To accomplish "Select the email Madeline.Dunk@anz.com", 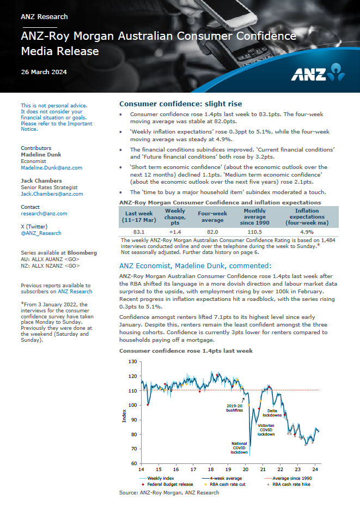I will pos(51,168).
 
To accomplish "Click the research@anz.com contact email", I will pos(44,214).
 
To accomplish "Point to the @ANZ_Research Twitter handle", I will pos(41,233).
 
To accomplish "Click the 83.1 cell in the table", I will pos(138,232).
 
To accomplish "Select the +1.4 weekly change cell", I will pos(175,232).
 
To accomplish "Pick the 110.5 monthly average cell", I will pos(255,232).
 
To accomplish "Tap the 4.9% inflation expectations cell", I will pos(307,232).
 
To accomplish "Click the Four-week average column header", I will pos(212,216).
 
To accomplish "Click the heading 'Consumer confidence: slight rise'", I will pos(180,104).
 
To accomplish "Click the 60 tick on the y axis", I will pos(133,463).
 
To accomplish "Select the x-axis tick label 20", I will pos(245,469).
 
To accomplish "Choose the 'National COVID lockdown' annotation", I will pos(239,448).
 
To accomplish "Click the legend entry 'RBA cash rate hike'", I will pos(291,484).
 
